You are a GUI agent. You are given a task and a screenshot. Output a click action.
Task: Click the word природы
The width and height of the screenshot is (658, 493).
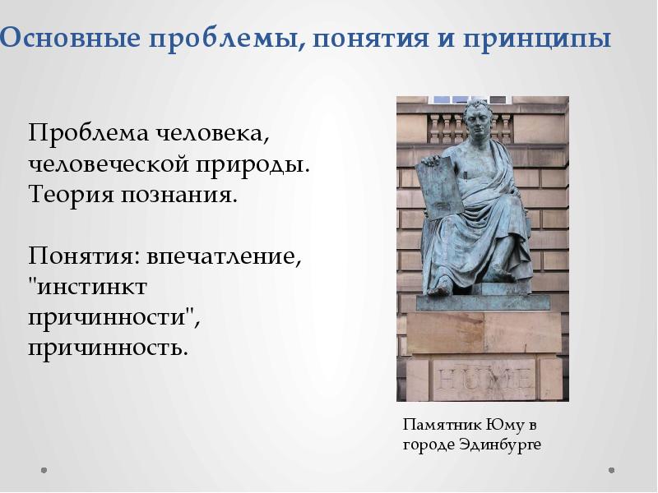tap(252, 164)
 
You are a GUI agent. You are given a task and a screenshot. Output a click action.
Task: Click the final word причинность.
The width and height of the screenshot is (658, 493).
tap(109, 348)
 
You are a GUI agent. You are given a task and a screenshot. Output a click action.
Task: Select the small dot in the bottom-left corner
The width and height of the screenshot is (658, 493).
tap(44, 471)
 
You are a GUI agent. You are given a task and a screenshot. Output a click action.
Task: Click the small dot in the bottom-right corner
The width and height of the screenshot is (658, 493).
tap(612, 471)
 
